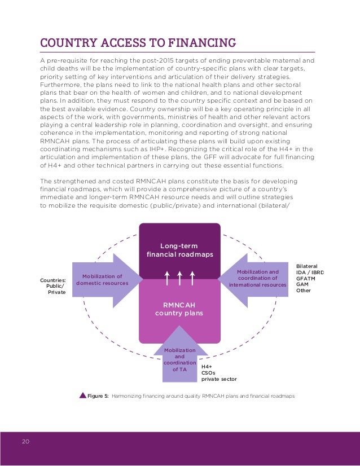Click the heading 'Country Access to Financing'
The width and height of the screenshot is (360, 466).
[x=137, y=43]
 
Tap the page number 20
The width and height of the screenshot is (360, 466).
[x=26, y=441]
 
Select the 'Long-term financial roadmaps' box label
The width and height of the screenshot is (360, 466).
[x=179, y=250]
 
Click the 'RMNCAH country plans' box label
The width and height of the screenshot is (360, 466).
[x=179, y=309]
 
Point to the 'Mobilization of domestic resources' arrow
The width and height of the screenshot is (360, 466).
[x=103, y=279]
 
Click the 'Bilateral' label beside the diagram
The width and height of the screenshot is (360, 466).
[x=307, y=265]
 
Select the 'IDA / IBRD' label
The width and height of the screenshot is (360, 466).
[x=310, y=272]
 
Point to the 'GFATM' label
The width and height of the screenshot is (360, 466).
[x=306, y=279]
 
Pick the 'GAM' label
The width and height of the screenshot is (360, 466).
[x=302, y=285]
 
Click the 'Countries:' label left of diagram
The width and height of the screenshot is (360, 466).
[x=53, y=280]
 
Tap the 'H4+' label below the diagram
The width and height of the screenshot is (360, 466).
[x=207, y=366]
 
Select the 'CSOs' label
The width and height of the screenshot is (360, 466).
[x=208, y=372]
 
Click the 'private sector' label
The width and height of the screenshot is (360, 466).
[x=219, y=379]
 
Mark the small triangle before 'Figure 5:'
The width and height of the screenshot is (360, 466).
[x=82, y=395]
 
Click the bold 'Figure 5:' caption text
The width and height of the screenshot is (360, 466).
[x=98, y=396]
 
